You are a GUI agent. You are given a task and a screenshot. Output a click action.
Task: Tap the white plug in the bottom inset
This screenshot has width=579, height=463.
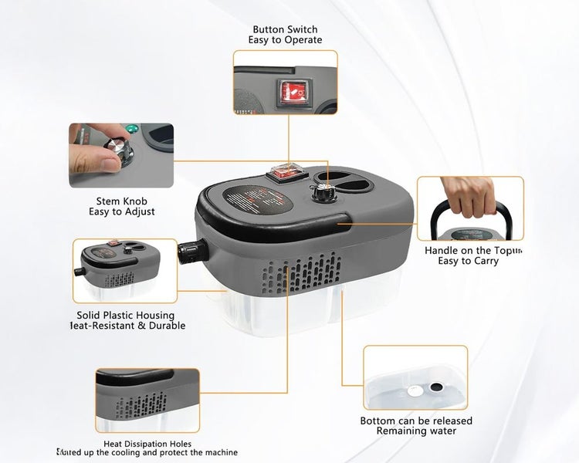coord(415,391)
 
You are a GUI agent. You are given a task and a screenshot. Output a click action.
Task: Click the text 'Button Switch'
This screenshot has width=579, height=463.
coord(285,29)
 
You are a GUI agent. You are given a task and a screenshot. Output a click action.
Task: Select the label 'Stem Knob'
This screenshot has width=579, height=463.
coord(121,201)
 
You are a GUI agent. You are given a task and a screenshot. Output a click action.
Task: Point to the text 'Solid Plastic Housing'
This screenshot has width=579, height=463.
coord(125,315)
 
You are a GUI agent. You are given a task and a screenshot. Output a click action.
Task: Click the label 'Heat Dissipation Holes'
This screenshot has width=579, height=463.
coord(147,444)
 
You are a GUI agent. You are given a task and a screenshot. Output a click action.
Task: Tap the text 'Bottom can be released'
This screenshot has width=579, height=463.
coord(416,421)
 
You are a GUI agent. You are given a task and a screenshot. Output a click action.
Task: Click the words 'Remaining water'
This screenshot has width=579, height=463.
coord(416,431)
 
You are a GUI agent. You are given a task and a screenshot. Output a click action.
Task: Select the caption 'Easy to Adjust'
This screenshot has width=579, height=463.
coord(121,211)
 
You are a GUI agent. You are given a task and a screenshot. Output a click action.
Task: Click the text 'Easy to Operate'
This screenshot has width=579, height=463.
coord(285,40)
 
